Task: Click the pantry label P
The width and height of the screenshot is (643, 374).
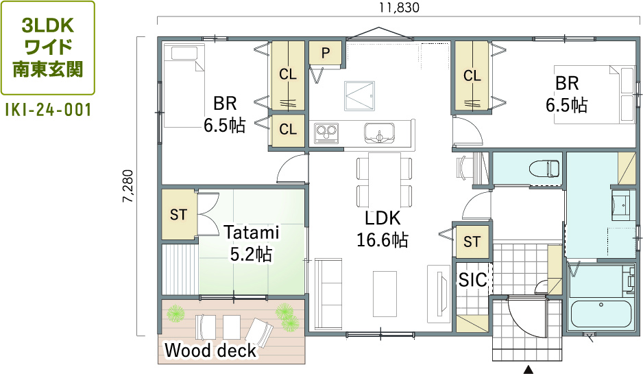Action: [x=326, y=53]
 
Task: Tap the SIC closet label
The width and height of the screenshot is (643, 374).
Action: [x=473, y=280]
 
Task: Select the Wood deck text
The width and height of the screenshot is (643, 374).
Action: [x=210, y=351]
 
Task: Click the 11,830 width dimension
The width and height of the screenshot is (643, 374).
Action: [x=399, y=8]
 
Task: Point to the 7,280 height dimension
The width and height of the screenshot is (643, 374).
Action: [x=128, y=186]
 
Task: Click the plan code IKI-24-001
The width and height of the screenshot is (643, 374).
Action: [x=48, y=110]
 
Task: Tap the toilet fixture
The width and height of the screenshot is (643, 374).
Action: [x=544, y=168]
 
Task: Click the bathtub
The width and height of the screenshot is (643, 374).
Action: [x=600, y=314]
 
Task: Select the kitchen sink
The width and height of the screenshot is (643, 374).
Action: [x=379, y=133]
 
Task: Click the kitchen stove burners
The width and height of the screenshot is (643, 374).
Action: [x=326, y=133]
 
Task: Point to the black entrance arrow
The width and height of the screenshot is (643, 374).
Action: [x=528, y=369]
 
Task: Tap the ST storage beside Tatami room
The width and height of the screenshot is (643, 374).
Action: [x=178, y=214]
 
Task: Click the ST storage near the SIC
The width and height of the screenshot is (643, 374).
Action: [x=472, y=242]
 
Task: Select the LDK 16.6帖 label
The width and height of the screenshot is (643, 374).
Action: [x=383, y=229]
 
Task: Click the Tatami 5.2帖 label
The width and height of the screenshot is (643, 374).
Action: [x=251, y=244]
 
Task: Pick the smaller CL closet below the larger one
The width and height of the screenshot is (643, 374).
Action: [x=288, y=130]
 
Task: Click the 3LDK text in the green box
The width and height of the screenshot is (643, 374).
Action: [x=48, y=26]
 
